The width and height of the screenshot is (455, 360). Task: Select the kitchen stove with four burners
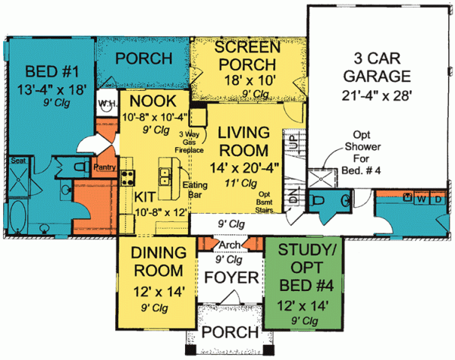pyautogui.click(x=127, y=180)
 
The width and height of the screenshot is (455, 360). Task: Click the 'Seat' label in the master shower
pyautogui.click(x=18, y=161)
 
